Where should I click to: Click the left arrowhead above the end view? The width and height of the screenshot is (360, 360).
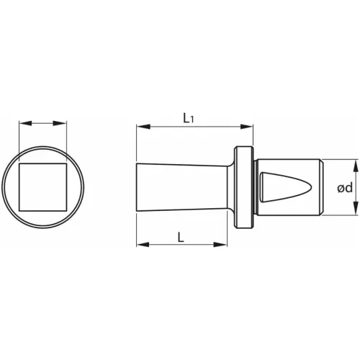tap(22, 124)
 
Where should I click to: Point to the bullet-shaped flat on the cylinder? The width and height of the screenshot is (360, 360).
tap(281, 187)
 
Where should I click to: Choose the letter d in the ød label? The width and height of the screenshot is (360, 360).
tap(348, 188)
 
